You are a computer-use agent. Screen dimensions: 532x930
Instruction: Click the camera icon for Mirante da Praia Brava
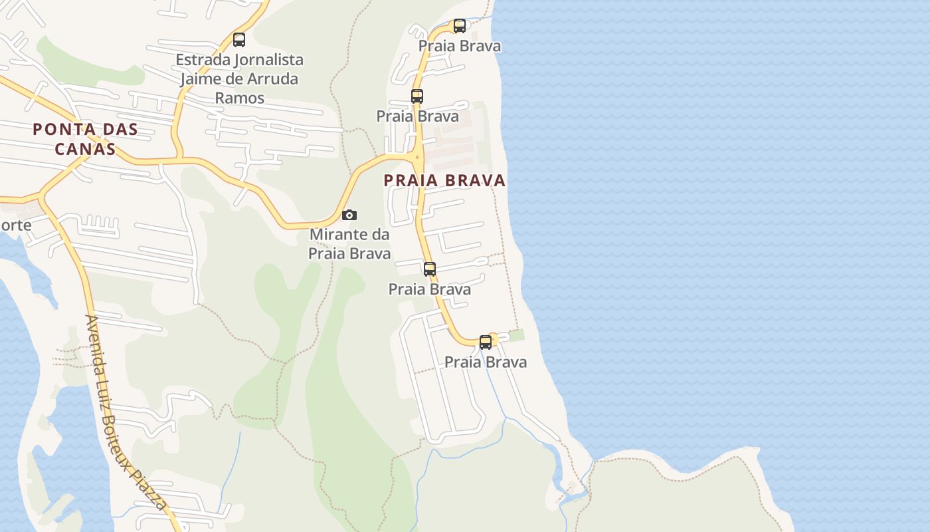point(349,215)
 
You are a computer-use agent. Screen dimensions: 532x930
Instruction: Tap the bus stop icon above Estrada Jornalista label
point(239,40)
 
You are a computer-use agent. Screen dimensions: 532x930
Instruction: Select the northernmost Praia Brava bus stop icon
point(460,26)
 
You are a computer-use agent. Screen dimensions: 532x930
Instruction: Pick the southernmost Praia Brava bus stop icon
point(486,342)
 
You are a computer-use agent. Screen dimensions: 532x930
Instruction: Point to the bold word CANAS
point(85,148)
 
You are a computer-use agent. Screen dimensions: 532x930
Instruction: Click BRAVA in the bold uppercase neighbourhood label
point(475,180)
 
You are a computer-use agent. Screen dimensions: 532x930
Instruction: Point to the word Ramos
point(239,98)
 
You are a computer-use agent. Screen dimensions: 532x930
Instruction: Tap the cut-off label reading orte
point(15,225)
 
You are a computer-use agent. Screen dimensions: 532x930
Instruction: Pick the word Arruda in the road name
point(272,78)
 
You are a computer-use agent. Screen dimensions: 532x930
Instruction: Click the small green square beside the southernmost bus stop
point(516,336)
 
